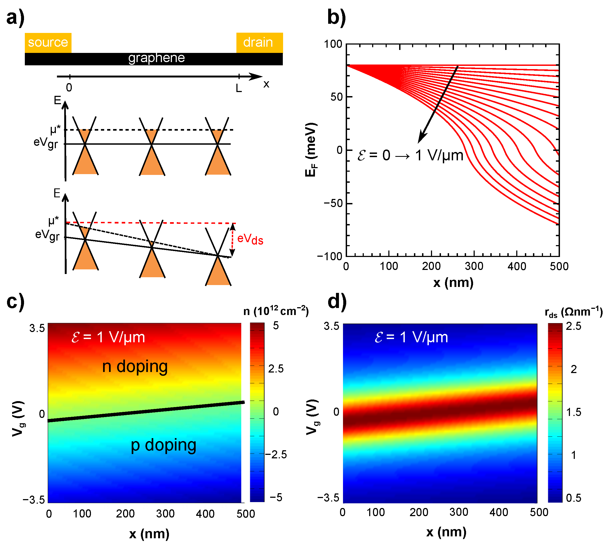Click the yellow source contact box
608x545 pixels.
pos(48,43)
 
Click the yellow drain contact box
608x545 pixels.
pos(259,43)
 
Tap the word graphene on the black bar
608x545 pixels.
pos(156,58)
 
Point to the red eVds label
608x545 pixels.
pos(250,239)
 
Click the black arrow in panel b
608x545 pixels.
pos(438,104)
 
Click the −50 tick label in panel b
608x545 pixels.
pos(333,203)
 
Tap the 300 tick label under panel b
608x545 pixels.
pos(474,266)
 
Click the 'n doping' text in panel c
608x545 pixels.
pos(135,367)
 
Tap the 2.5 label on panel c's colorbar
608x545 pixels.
pos(276,369)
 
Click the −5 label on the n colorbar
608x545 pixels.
pos(276,497)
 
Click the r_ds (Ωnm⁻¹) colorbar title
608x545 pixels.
pos(573,312)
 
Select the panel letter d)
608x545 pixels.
pos(337,302)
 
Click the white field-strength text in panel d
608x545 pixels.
pos(411,337)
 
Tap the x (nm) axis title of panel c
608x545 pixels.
pos(149,534)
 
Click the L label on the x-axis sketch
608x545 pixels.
pos(239,88)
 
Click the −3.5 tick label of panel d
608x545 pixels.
pos(328,498)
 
